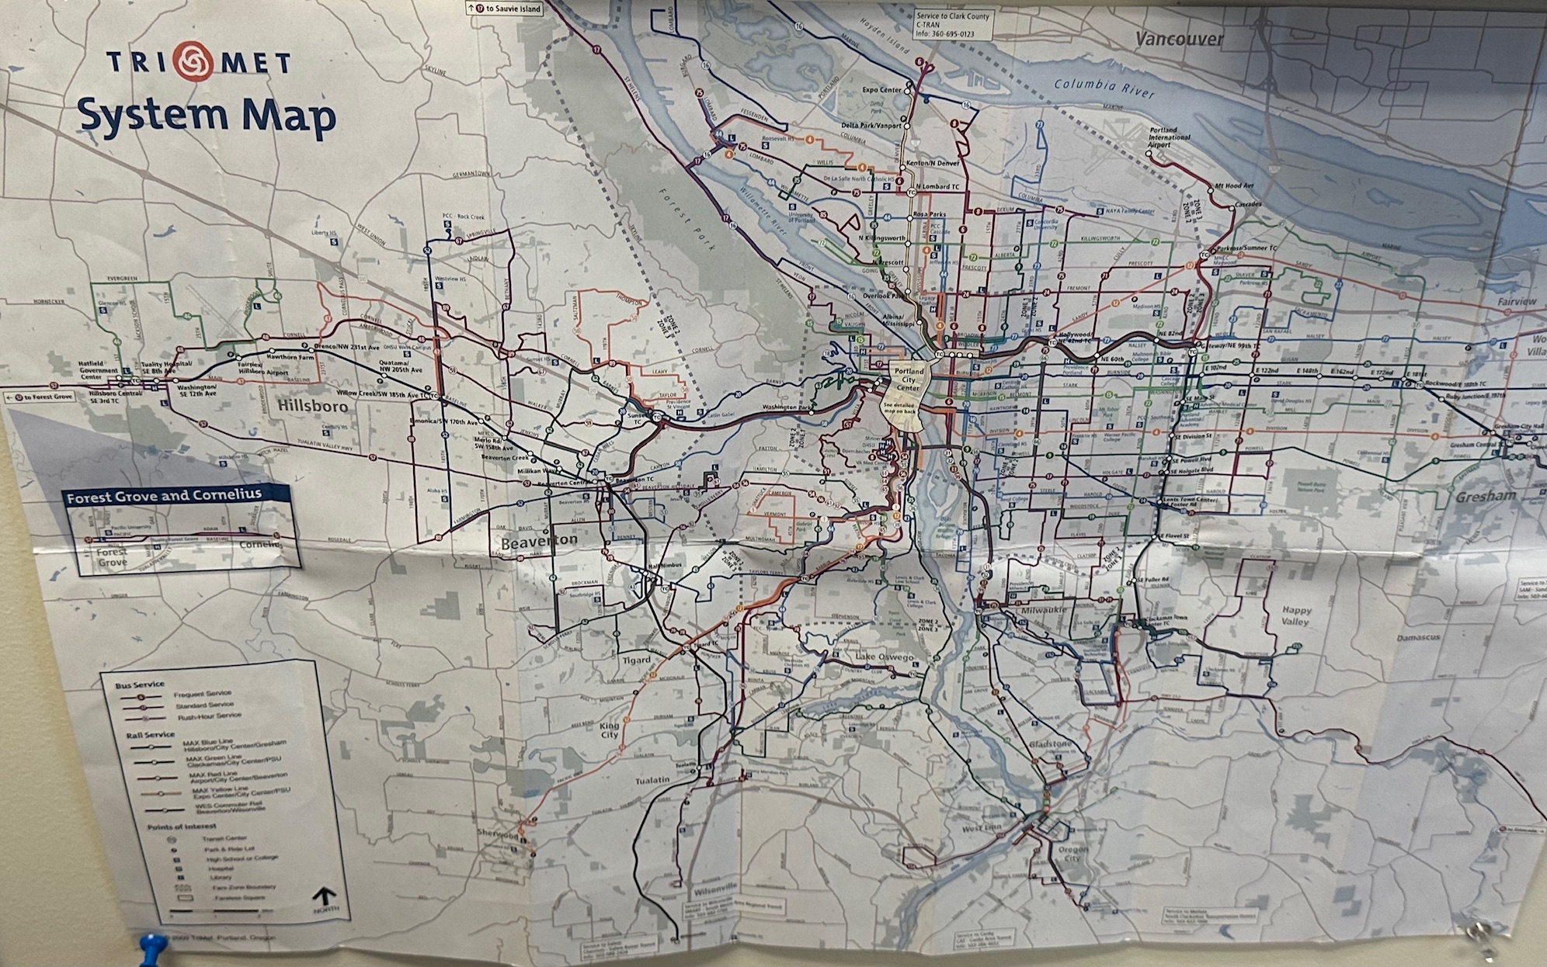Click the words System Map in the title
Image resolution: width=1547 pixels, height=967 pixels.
pos(207,115)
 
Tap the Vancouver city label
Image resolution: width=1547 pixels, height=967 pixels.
pos(1179,39)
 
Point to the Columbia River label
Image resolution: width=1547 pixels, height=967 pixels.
pos(1104,89)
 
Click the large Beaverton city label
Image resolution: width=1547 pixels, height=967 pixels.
pos(539,540)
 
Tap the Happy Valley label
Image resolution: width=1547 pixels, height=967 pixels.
pos(1296,615)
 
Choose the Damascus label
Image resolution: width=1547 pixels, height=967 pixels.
pos(1418,637)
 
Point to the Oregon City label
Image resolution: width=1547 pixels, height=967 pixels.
pos(1072,854)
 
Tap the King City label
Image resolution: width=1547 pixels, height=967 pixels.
pos(610,730)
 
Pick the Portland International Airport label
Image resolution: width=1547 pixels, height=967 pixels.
pos(1169,137)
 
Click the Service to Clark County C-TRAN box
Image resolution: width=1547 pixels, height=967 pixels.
pos(953,26)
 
